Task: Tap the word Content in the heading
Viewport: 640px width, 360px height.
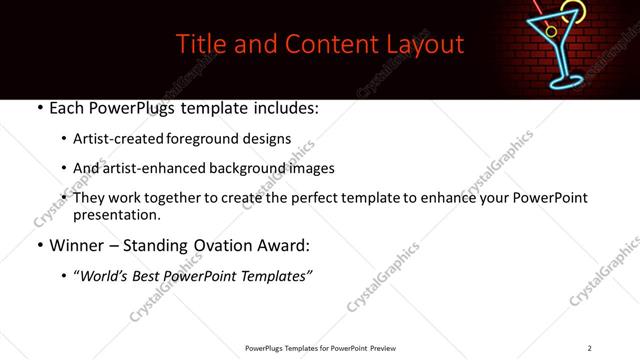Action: pyautogui.click(x=322, y=45)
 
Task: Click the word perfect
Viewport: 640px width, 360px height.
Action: pyautogui.click(x=319, y=198)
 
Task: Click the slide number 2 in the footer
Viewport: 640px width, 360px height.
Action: pyautogui.click(x=589, y=347)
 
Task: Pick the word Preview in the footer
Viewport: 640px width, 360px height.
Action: pyautogui.click(x=384, y=347)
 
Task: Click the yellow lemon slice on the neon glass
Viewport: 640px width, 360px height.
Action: pyautogui.click(x=572, y=12)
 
